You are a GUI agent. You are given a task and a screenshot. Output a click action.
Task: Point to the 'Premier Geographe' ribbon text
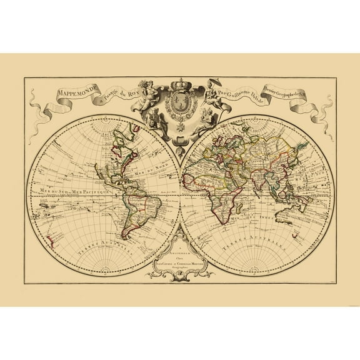[x=309, y=95]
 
